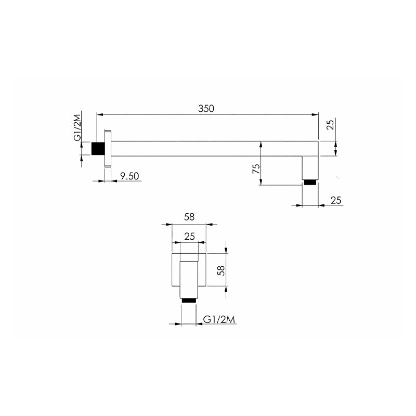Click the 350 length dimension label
point(206,109)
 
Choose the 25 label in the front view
point(189,237)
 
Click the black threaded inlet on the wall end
point(97,148)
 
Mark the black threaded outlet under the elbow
point(310,182)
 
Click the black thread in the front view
point(189,300)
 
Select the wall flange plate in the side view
point(108,148)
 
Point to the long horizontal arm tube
point(208,148)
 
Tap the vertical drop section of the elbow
point(311,166)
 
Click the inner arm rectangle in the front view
point(189,278)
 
